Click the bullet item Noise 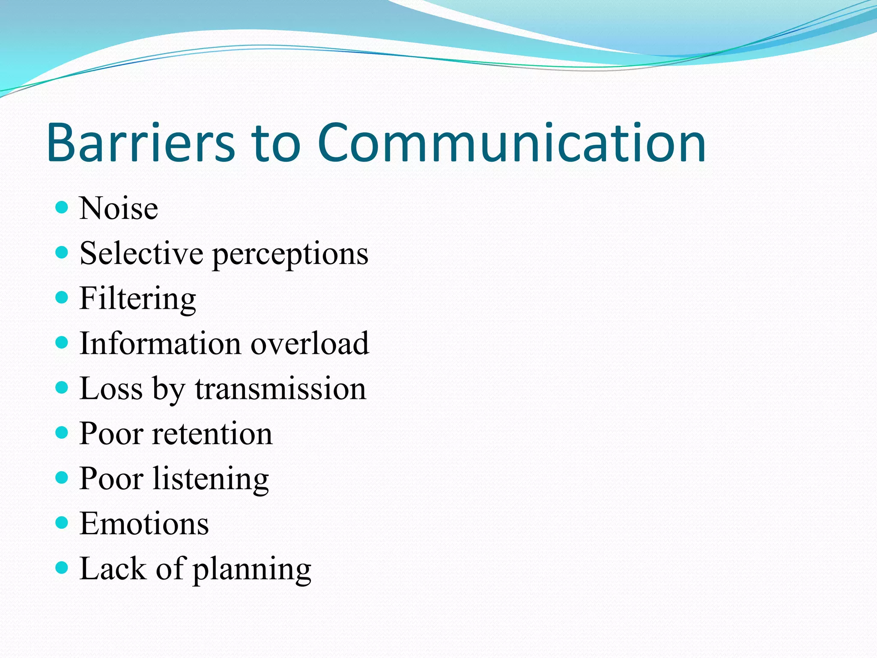point(119,209)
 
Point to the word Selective point(141,254)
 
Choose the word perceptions point(290,255)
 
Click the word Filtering point(138,299)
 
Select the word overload point(310,344)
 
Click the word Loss point(111,389)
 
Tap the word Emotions point(144,523)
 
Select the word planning point(252,570)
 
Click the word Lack point(113,569)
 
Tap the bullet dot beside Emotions point(62,523)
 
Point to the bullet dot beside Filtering point(62,297)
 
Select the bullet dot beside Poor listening point(62,477)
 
